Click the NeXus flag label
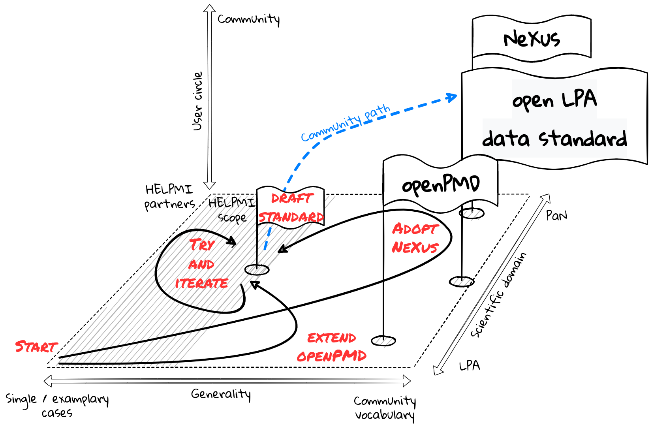pyautogui.click(x=532, y=39)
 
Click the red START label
pyautogui.click(x=36, y=347)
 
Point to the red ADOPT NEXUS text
pyautogui.click(x=415, y=238)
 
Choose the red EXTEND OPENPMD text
pyautogui.click(x=332, y=347)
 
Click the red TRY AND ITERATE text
pyautogui.click(x=202, y=264)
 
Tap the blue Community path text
pyautogui.click(x=345, y=123)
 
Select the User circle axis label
pyautogui.click(x=197, y=101)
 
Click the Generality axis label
pyautogui.click(x=221, y=394)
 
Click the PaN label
pyautogui.click(x=556, y=215)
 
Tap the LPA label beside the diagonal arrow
pyautogui.click(x=470, y=366)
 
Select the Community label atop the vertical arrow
pyautogui.click(x=249, y=19)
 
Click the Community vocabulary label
pyautogui.click(x=385, y=408)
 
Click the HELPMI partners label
pyautogui.click(x=169, y=197)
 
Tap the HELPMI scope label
pyautogui.click(x=232, y=210)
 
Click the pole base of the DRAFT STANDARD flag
pyautogui.click(x=257, y=270)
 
